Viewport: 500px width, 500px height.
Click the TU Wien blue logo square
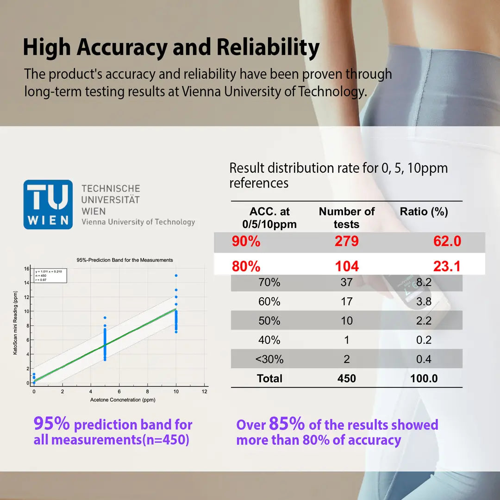[x=48, y=204]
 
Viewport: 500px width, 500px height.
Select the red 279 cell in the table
[x=346, y=241]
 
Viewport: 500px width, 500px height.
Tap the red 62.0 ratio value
[x=447, y=241]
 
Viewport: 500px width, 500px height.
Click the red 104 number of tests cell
[x=347, y=266]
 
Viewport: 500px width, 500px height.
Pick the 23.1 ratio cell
[x=447, y=266]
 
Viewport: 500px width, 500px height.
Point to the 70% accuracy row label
[x=269, y=282]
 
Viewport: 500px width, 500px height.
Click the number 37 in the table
[x=346, y=282]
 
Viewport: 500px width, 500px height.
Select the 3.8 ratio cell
[x=424, y=301]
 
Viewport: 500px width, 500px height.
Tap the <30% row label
[x=269, y=359]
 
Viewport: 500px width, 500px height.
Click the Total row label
[x=269, y=379]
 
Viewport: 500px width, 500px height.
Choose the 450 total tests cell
[x=346, y=379]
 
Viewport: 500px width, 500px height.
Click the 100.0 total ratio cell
[x=424, y=379]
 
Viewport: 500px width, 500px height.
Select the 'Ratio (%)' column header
[x=424, y=212]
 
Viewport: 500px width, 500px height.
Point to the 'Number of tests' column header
[x=346, y=218]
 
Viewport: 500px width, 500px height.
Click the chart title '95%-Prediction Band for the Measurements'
[x=125, y=260]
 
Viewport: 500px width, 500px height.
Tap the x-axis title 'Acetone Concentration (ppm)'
[x=123, y=400]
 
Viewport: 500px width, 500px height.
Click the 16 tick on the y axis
[x=26, y=269]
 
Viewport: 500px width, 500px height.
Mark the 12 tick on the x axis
[x=205, y=392]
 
